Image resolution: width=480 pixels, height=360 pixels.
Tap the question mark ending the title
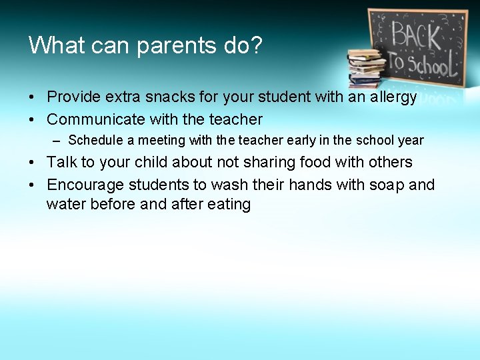pos(257,45)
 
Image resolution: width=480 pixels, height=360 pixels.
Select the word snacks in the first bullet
pos(166,97)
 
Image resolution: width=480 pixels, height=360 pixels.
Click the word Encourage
pos(85,185)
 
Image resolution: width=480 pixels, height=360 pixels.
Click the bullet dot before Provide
pos(32,97)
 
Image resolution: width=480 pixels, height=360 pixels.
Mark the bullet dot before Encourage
pos(32,185)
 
